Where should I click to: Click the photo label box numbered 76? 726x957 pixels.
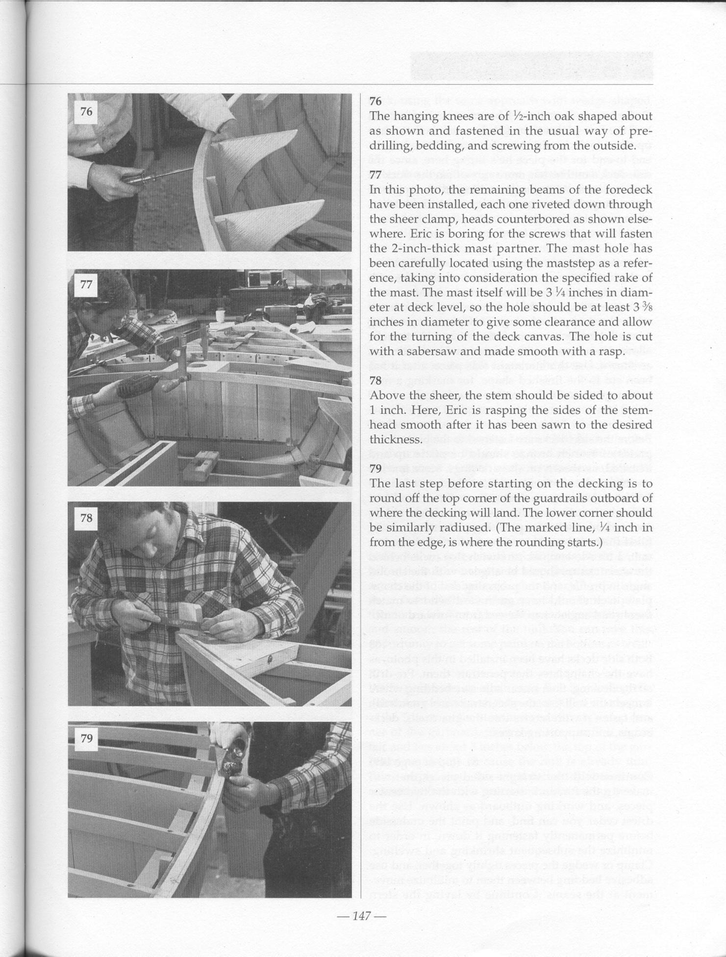coord(86,112)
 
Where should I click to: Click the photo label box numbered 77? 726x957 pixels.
coord(86,284)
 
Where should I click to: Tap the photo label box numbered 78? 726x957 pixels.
coord(86,518)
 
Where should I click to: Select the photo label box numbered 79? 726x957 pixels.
coord(86,738)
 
